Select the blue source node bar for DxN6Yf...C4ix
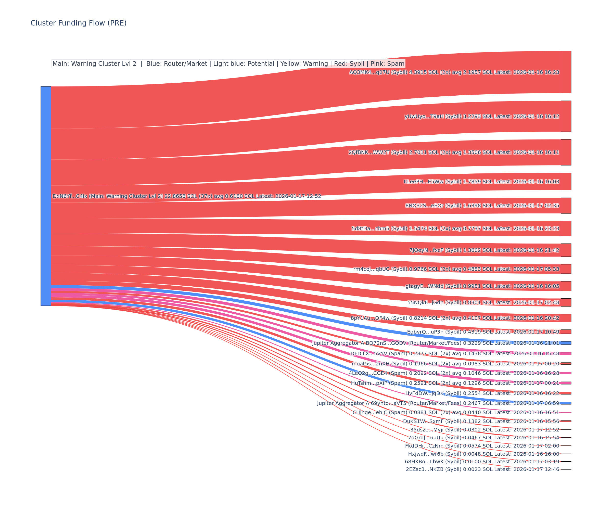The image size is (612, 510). pos(46,196)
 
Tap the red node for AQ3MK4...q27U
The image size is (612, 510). pos(566,72)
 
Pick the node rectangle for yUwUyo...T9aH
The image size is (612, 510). pos(566,116)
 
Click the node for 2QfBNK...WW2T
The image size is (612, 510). pos(566,152)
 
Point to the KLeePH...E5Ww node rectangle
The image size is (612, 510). pos(566,182)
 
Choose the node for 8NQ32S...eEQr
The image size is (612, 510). pos(566,206)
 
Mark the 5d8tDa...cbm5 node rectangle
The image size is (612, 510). pos(566,228)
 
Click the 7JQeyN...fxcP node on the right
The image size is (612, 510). pos(566,250)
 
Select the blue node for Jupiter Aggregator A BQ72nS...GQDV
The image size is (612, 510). pos(566,343)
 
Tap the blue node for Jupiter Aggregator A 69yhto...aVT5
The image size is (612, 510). pos(566,403)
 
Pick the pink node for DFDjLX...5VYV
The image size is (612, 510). pos(566,353)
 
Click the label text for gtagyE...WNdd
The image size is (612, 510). pos(482,286)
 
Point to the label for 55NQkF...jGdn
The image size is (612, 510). pos(483,302)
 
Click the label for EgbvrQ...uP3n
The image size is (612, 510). pos(483,332)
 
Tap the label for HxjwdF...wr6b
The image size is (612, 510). pos(483,454)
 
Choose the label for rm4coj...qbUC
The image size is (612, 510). pos(456,269)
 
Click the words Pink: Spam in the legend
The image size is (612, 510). pos(387,64)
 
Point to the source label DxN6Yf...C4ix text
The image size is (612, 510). pos(186,196)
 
